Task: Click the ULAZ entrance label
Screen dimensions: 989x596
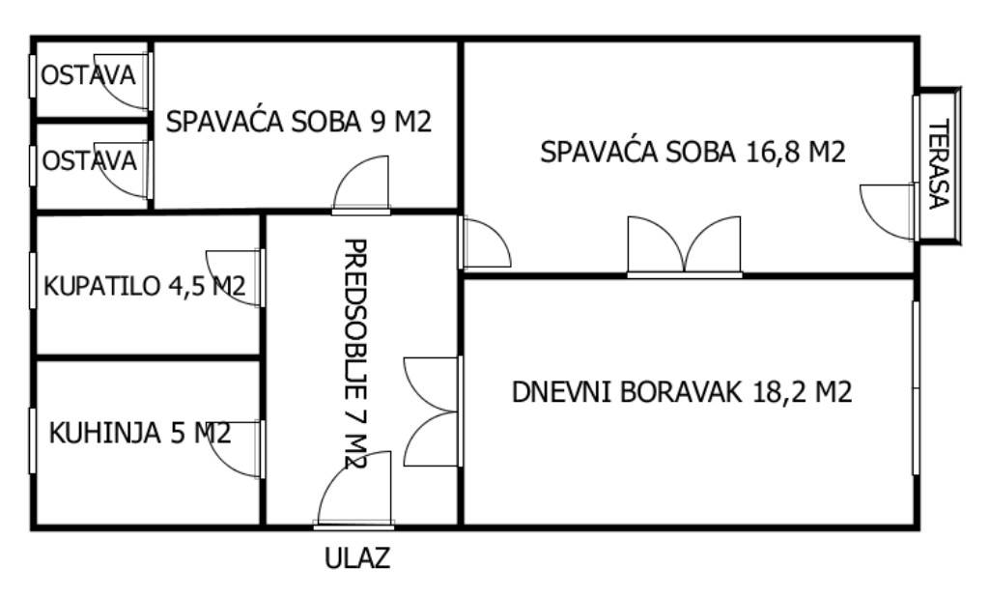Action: [357, 558]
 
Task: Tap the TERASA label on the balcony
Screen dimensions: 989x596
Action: [938, 164]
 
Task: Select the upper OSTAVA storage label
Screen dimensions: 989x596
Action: [88, 75]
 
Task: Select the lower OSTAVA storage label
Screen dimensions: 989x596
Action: [89, 160]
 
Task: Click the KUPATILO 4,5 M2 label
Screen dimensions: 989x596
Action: [144, 286]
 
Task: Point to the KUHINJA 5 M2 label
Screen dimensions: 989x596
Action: [139, 434]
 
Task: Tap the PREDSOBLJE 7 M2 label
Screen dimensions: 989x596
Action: [355, 354]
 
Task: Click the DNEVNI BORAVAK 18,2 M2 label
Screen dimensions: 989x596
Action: [682, 391]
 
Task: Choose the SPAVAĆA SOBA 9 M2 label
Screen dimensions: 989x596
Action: [298, 121]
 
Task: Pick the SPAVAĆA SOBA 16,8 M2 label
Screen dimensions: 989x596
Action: [692, 152]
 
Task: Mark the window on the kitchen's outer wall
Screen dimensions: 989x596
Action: [32, 440]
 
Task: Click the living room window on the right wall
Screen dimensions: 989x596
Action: [916, 388]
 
